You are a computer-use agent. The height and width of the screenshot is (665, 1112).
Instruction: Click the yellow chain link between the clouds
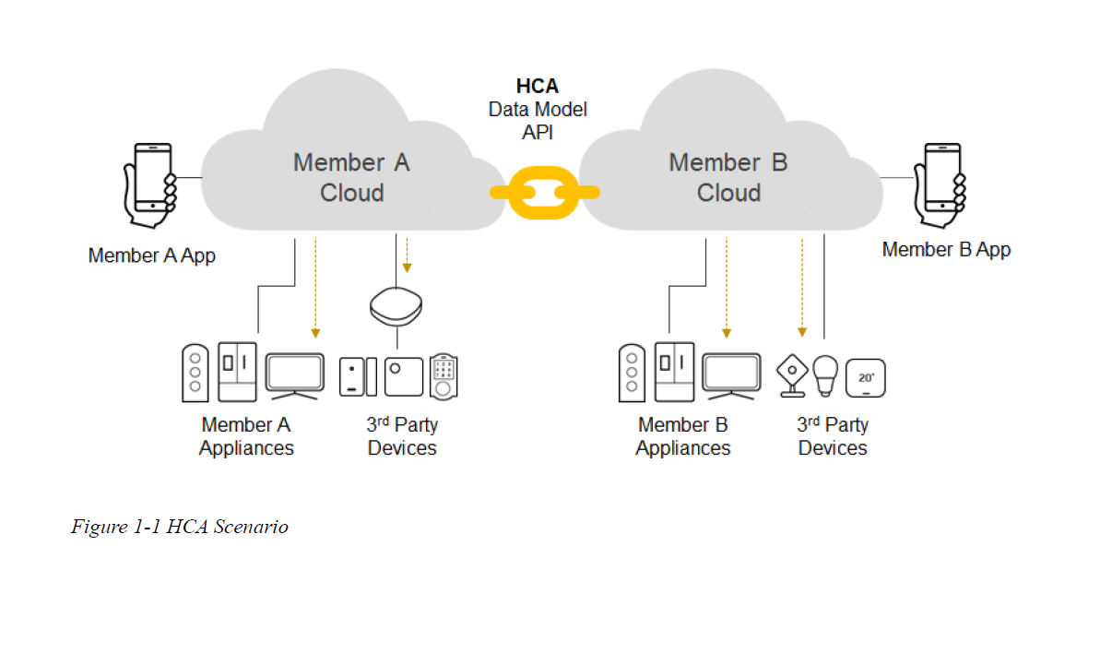[x=544, y=193]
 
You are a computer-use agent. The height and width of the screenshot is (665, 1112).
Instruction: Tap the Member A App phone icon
[x=150, y=184]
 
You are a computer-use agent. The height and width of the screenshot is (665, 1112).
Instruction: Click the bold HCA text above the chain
[x=538, y=86]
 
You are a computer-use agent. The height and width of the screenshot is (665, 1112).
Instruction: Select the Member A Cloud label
[x=351, y=177]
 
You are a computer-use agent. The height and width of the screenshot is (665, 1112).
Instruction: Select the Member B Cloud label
[x=728, y=177]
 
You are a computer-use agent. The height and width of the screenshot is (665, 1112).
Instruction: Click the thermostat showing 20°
[x=865, y=377]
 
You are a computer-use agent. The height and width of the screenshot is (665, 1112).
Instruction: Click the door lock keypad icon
[x=444, y=375]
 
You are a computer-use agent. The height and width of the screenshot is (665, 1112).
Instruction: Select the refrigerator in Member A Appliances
[x=237, y=372]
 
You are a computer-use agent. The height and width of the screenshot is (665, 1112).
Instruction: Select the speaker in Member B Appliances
[x=632, y=373]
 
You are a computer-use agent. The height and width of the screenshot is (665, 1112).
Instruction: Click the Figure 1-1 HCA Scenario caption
[x=180, y=528]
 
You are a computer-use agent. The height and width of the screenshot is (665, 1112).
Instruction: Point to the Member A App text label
[x=152, y=255]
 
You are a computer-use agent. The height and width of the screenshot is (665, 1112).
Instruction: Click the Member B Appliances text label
[x=683, y=436]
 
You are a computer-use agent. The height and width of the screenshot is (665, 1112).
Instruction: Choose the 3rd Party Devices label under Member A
[x=402, y=436]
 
